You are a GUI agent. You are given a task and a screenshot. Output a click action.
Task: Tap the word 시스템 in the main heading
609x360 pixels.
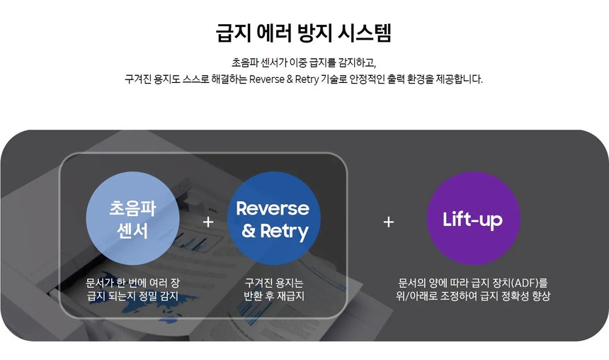(364, 33)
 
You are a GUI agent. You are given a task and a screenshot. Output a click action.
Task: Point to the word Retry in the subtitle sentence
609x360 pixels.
(307, 79)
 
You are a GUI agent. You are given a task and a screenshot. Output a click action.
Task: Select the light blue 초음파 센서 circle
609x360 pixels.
(132, 218)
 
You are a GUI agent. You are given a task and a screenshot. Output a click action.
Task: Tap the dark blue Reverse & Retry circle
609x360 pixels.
(274, 218)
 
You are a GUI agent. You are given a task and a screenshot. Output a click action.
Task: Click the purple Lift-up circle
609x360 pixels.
(473, 218)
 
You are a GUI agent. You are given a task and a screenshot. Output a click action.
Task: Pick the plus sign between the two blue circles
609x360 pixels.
(208, 222)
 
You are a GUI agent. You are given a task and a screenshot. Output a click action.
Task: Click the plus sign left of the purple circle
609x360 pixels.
(388, 222)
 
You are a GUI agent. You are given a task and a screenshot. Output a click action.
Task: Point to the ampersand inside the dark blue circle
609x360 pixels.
(249, 231)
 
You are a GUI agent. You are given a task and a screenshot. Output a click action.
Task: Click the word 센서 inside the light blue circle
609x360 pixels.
(132, 231)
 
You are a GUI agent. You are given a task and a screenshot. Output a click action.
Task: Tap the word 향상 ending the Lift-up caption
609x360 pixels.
(541, 296)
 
